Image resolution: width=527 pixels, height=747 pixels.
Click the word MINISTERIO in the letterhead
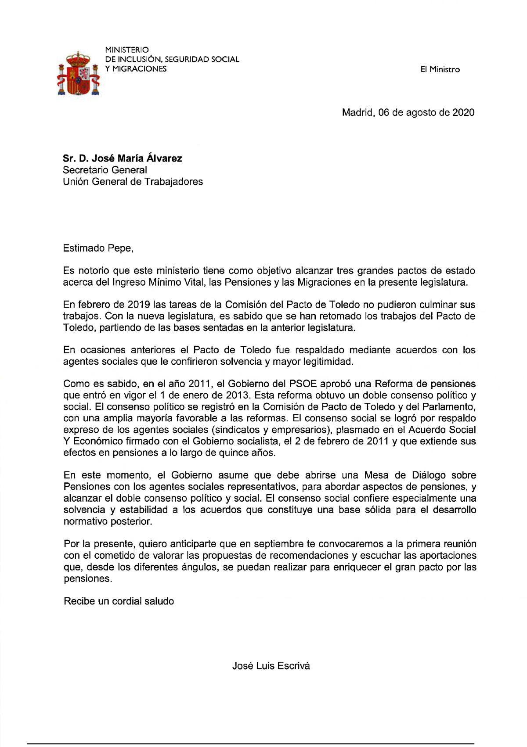pos(127,50)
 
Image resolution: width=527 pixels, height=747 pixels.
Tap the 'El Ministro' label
pos(440,69)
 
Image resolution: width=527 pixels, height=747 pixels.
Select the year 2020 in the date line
pos(463,112)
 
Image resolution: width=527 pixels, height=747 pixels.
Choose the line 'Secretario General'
pos(105,170)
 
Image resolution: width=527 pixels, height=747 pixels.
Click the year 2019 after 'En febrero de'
pos(139,305)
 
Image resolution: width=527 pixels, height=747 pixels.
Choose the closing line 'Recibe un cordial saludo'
pos(119,601)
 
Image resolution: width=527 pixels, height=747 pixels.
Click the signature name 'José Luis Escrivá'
pos(271,665)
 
